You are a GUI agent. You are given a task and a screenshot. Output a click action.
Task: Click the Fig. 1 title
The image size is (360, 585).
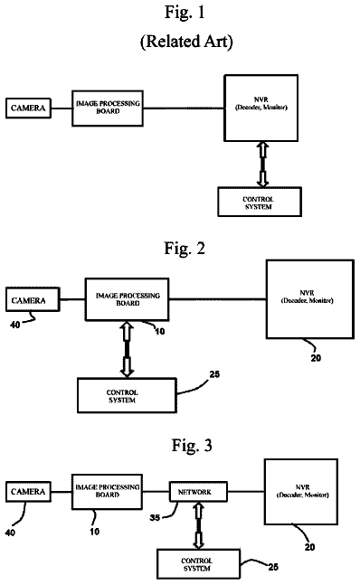point(185,13)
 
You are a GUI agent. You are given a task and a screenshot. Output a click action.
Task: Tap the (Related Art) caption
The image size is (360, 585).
point(186,41)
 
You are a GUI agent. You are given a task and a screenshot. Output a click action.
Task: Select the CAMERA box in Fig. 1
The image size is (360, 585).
point(28,109)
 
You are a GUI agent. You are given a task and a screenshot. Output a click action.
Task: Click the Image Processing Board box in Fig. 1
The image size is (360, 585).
point(108,109)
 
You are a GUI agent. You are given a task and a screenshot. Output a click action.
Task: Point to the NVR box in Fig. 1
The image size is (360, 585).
point(261,108)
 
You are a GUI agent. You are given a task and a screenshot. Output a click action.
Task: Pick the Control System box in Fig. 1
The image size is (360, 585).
point(260,202)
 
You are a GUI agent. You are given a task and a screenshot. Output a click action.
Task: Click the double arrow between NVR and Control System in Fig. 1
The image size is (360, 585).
point(262,165)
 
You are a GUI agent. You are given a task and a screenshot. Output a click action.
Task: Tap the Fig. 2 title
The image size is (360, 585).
point(185,248)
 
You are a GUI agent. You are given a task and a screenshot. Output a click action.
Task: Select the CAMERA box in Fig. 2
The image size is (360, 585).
point(33,299)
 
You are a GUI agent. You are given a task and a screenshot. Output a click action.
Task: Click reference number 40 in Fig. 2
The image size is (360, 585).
point(15,325)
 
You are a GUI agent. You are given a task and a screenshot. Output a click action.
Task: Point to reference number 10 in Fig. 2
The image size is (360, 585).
point(160,331)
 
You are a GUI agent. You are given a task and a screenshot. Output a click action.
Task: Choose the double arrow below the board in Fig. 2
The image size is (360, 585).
point(127,349)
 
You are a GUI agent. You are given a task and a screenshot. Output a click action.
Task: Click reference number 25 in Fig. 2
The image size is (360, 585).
point(214,374)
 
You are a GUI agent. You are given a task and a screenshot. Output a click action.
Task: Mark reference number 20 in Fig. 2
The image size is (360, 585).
point(316,358)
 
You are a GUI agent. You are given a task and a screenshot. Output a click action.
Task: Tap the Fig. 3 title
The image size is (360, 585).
point(192,446)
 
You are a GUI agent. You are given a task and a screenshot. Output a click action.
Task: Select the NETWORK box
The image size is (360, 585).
point(198,492)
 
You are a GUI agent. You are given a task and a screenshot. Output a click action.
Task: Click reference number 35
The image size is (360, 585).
point(156,518)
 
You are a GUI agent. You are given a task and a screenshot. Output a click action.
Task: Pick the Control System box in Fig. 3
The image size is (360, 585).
point(198,564)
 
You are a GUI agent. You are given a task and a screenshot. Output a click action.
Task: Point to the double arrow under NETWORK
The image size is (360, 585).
point(198,525)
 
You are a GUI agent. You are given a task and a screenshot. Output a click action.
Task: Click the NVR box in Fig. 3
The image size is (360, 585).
point(301,492)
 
